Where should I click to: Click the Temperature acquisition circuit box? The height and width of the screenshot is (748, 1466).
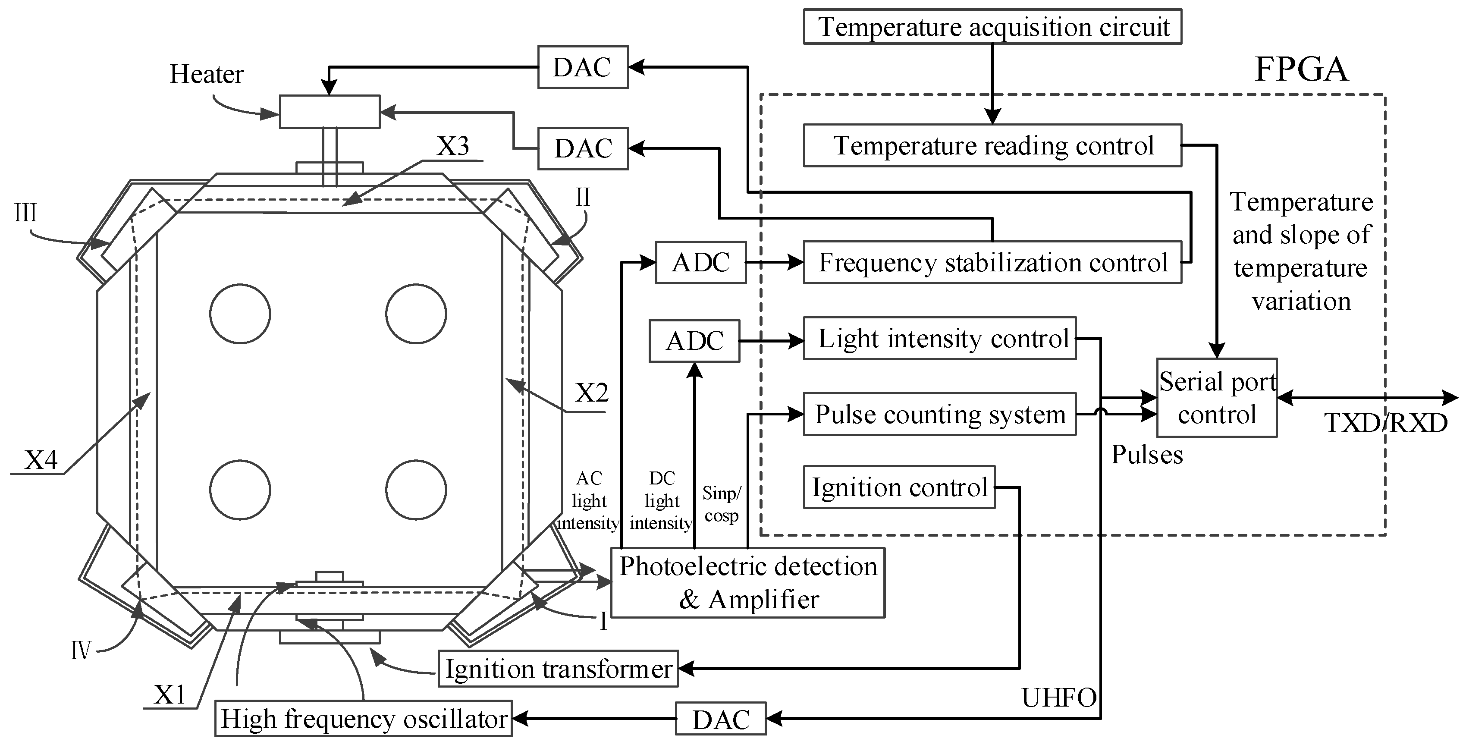pos(992,27)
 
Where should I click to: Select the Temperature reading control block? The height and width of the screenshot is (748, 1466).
pos(992,146)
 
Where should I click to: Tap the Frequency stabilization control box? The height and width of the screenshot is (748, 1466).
pos(992,262)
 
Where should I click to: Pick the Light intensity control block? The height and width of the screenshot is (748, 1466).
pos(939,339)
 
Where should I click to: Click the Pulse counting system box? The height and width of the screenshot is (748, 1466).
pos(939,415)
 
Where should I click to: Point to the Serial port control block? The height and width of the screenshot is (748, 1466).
pos(1217,398)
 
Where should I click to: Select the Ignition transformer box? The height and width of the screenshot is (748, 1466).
pos(558,669)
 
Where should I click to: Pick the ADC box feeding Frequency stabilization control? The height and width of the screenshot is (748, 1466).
pos(700,262)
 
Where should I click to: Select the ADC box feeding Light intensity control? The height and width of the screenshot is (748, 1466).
pos(694,341)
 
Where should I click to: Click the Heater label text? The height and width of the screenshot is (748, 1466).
pos(207,75)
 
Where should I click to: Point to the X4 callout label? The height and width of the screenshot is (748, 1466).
pos(41,459)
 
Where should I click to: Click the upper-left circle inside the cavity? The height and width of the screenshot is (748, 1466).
pos(240,314)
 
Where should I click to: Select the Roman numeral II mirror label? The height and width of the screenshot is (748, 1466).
pos(583,198)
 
